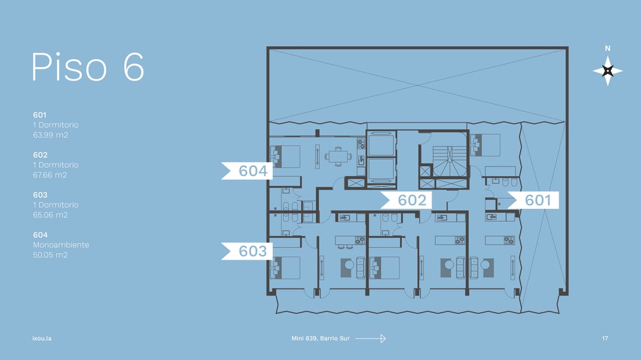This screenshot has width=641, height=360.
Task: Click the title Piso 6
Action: coord(88,66)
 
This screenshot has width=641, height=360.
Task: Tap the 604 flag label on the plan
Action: coord(247,171)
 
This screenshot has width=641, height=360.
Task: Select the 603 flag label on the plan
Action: coord(247,251)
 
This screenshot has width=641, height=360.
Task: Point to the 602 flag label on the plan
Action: coord(407,200)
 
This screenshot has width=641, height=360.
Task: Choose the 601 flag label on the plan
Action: coord(533,200)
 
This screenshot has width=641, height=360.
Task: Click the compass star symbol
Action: coord(608,71)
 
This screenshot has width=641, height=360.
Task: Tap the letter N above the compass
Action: coord(608,49)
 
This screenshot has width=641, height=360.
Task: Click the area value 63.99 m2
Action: coord(50,135)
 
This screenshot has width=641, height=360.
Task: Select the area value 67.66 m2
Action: coord(50,175)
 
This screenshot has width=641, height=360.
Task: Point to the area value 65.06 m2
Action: coord(50,215)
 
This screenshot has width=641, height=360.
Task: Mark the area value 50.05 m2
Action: coord(50,255)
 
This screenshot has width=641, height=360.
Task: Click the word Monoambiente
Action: coord(61,245)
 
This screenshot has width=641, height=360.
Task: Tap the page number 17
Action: coord(605,338)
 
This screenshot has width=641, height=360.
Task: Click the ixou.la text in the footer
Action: coord(42,338)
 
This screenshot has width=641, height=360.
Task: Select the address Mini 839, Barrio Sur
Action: coord(320,338)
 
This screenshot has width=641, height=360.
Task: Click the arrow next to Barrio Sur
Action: coord(370,338)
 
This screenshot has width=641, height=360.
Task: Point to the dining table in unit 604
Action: coord(338,157)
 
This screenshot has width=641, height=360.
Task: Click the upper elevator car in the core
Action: coord(381,144)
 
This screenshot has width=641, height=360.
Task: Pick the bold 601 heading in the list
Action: coord(40,115)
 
